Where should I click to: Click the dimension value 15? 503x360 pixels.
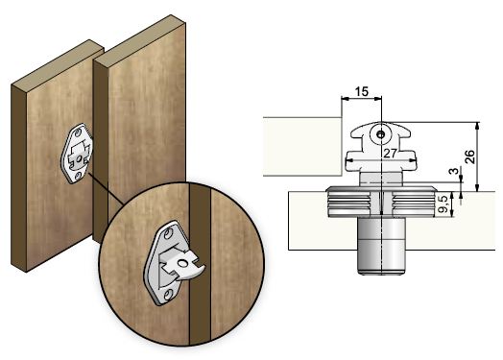click(362, 92)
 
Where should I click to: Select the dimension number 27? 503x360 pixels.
click(390, 154)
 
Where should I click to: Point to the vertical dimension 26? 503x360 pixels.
click(469, 156)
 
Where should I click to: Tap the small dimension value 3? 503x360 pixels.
click(454, 171)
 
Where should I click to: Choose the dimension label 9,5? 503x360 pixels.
click(443, 204)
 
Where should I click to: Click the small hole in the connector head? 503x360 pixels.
click(381, 134)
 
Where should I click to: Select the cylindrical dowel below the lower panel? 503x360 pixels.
click(381, 246)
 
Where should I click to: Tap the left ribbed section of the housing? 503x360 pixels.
click(348, 204)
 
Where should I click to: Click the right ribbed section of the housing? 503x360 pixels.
click(414, 204)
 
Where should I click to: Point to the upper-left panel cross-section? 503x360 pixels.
click(302, 147)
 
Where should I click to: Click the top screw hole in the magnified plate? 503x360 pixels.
click(167, 235)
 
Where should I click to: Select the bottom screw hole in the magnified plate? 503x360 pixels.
click(167, 294)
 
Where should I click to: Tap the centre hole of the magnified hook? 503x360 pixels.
click(182, 264)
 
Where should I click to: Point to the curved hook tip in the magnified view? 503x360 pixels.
click(201, 270)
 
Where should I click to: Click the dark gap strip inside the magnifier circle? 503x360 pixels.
click(200, 264)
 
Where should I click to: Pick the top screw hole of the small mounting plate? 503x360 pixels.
click(78, 132)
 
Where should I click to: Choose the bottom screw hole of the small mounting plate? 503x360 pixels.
click(79, 176)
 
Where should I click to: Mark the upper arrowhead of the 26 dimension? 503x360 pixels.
click(477, 126)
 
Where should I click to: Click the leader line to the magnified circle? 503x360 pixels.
click(106, 189)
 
